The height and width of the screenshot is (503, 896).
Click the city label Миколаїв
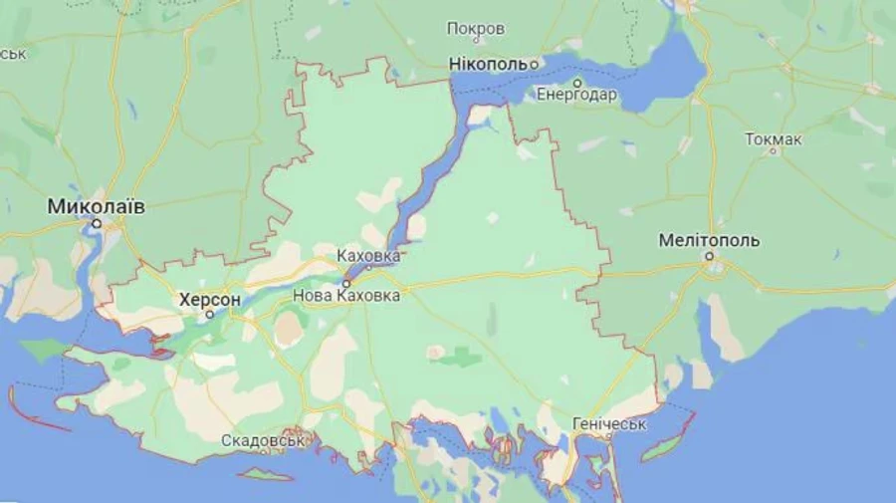click(x=97, y=206)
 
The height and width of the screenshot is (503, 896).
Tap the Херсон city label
click(x=210, y=298)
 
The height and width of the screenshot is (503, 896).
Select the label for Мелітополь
click(x=710, y=240)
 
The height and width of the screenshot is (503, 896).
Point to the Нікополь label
click(x=487, y=65)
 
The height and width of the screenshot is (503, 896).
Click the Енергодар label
click(x=576, y=96)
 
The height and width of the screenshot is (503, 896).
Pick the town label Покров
click(x=476, y=28)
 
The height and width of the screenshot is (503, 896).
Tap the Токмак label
click(x=773, y=138)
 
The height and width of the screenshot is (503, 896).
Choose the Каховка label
click(x=368, y=255)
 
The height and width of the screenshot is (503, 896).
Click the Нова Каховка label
click(x=346, y=296)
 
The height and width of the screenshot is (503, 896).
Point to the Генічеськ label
click(x=609, y=424)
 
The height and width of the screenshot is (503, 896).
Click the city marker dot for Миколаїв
click(x=97, y=224)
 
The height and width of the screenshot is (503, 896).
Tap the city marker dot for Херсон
click(x=210, y=315)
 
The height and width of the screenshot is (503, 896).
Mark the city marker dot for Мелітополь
click(x=710, y=256)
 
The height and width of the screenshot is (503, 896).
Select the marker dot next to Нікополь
click(x=534, y=65)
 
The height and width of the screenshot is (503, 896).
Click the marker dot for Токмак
click(x=773, y=151)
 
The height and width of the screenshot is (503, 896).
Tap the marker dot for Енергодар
click(x=577, y=83)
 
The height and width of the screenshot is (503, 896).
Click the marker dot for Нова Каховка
click(x=346, y=283)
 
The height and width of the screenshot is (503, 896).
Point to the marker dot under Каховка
click(x=368, y=267)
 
